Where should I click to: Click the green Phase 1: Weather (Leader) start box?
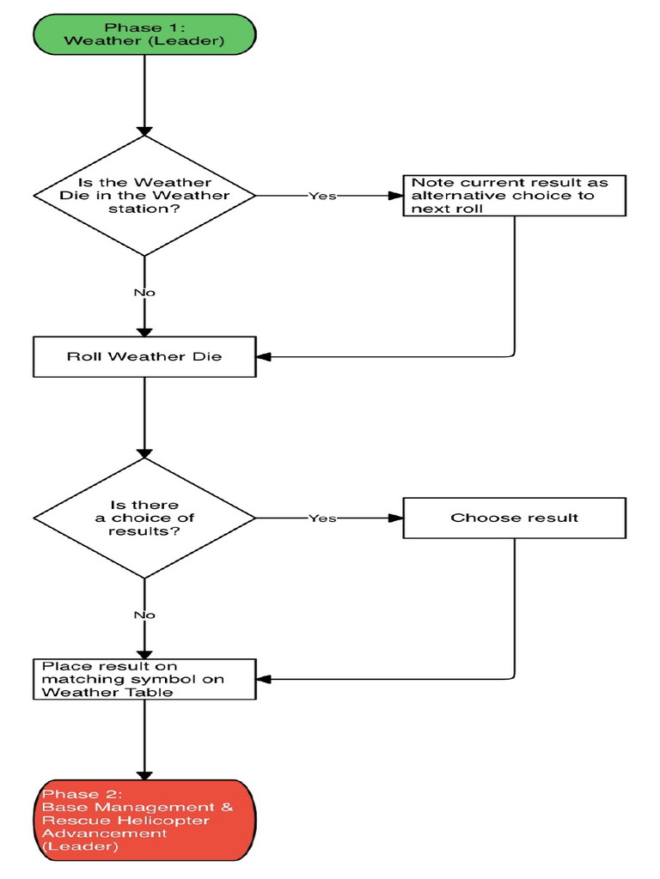pos(144,33)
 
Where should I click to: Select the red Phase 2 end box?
pos(144,819)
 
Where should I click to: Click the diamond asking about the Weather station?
pos(144,196)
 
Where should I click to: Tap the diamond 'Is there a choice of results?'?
pos(144,518)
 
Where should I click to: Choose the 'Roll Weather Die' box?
pos(144,356)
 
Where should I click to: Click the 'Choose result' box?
pos(514,518)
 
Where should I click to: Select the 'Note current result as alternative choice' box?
pos(514,196)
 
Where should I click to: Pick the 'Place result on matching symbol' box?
pos(144,679)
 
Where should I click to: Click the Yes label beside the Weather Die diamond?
pos(322,196)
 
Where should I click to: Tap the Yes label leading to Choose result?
pos(322,518)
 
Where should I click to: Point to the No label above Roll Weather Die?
pos(144,293)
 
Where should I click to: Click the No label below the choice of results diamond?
pos(144,615)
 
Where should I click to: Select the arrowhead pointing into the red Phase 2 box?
pos(144,772)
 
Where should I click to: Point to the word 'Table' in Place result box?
pos(155,692)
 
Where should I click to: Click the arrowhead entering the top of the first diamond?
pos(144,129)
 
